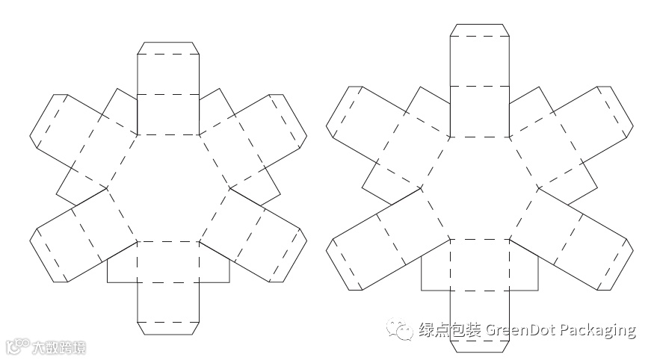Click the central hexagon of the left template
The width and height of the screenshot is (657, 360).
click(168, 187)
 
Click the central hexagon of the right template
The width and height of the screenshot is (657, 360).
click(479, 187)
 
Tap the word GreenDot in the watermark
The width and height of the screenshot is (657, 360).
click(517, 329)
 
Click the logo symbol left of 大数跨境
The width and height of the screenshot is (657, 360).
click(18, 347)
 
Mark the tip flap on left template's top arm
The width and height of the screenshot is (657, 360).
click(168, 49)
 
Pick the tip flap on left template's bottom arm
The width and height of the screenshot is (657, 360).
click(168, 327)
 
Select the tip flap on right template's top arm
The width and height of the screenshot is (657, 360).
click(479, 30)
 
